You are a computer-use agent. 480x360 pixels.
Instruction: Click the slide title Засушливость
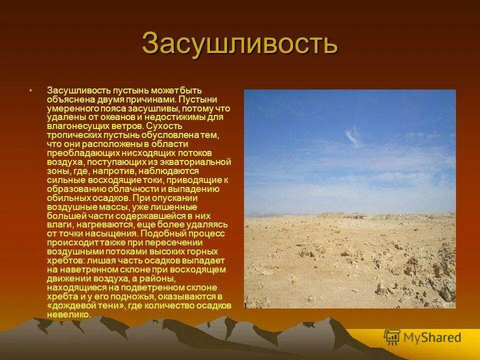click(240, 43)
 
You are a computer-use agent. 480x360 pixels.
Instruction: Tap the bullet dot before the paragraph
click(30, 90)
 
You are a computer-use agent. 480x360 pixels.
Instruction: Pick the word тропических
click(73, 135)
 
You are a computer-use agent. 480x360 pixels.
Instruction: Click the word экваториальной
click(199, 162)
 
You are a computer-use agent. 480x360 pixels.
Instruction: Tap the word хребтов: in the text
click(65, 260)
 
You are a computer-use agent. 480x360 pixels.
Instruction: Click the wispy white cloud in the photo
click(354, 135)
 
